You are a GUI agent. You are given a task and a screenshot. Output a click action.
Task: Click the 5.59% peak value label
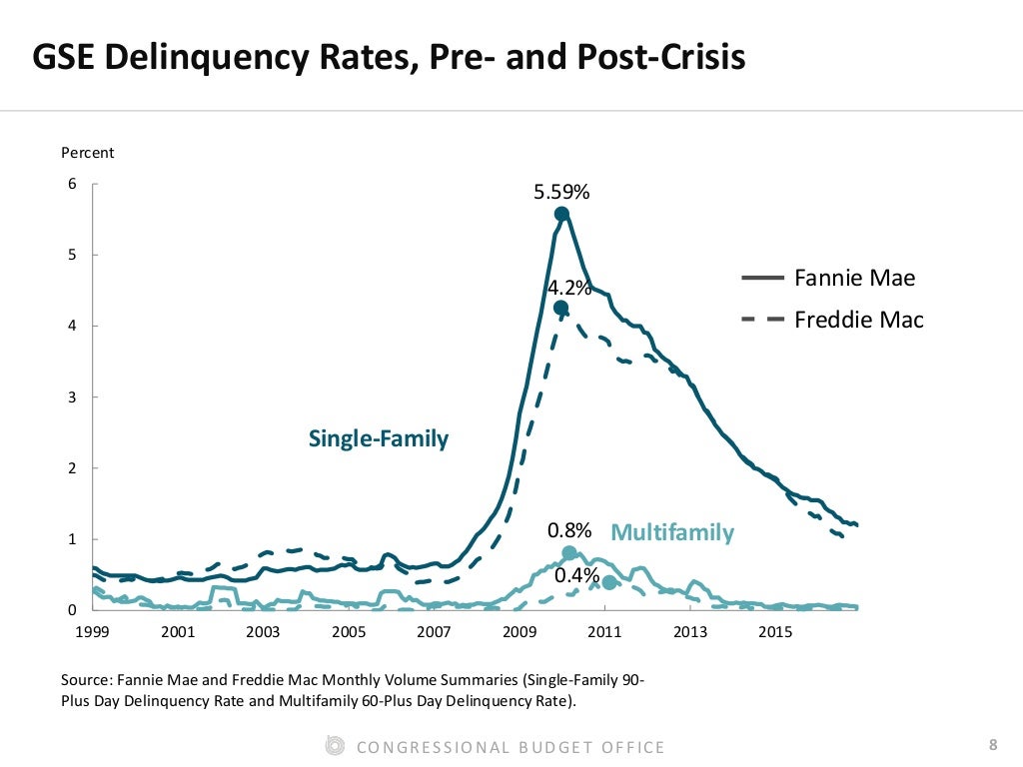(561, 192)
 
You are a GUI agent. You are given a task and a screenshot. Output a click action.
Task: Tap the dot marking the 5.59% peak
(561, 214)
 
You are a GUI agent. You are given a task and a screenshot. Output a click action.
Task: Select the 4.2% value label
(568, 289)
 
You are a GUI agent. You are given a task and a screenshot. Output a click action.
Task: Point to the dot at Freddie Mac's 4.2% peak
(560, 308)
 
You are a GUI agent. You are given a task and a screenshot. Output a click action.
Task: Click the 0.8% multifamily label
(569, 529)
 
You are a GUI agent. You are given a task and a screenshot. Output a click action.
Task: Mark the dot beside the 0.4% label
(609, 582)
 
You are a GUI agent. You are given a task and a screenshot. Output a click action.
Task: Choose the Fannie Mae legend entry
(854, 278)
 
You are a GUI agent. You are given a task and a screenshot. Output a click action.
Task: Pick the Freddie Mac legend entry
(858, 320)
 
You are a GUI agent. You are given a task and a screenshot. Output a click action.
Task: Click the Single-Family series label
(379, 438)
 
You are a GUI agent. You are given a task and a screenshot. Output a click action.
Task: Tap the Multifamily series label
(671, 532)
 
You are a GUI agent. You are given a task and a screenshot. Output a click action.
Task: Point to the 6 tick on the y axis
(71, 184)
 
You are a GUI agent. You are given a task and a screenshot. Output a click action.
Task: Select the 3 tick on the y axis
(71, 396)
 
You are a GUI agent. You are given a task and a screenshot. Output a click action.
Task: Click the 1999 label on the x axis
(92, 632)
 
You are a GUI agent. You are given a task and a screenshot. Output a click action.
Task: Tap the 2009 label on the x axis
(519, 632)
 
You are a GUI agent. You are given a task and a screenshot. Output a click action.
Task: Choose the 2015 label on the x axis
(775, 632)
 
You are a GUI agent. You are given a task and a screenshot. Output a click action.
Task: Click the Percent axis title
(88, 153)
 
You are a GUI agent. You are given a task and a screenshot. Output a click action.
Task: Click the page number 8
(992, 744)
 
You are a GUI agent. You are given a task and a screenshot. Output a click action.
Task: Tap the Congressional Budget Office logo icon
(336, 745)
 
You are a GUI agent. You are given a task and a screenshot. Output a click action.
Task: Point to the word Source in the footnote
(86, 679)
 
